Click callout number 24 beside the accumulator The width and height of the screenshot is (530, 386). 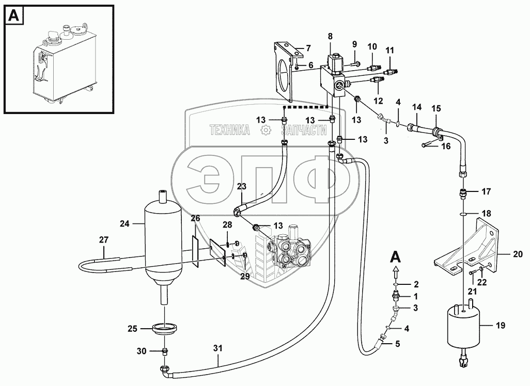click(123, 223)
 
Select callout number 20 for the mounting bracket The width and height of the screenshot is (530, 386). click(518, 254)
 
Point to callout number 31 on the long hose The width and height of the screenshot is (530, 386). click(218, 348)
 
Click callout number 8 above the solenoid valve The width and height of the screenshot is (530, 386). click(330, 37)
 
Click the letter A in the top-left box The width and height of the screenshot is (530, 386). click(14, 16)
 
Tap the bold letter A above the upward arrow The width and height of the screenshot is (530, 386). click(395, 256)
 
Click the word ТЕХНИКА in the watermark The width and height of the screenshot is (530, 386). click(230, 131)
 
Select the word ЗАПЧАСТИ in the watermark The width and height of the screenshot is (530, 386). click(301, 131)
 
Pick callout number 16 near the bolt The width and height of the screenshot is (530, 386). click(445, 146)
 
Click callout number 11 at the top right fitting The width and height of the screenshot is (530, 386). click(389, 50)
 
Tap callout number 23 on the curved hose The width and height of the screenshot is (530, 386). click(242, 187)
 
